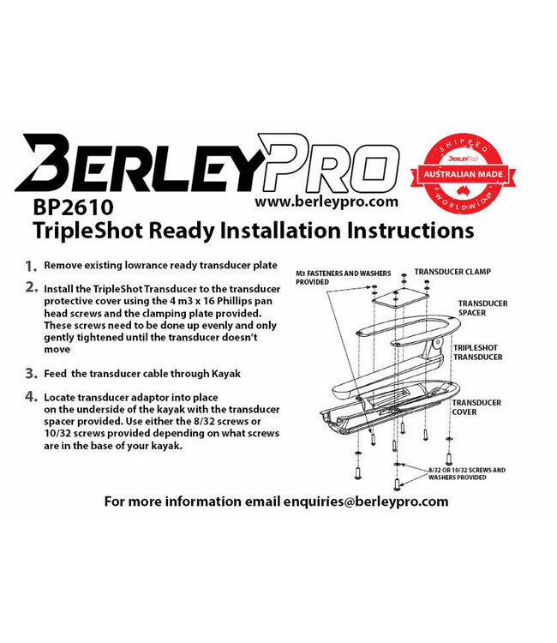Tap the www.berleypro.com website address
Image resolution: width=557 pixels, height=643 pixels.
point(326,202)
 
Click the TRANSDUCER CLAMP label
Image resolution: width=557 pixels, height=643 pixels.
point(452,272)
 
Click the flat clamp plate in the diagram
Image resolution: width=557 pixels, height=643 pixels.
point(395,298)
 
